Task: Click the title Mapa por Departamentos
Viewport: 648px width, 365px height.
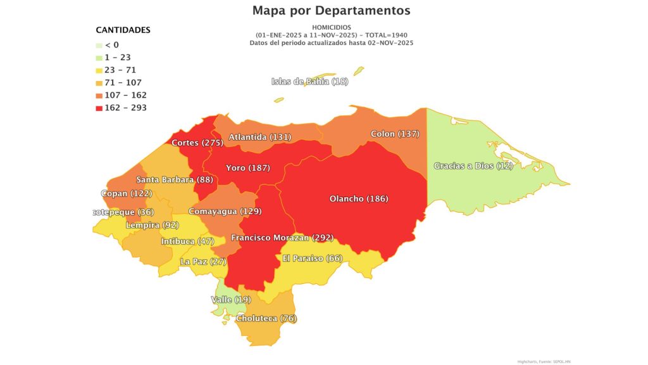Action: [x=331, y=11]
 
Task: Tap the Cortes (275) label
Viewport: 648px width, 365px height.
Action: [x=197, y=143]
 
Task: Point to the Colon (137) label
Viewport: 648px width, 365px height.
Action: [x=395, y=134]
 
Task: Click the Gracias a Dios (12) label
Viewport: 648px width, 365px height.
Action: [x=473, y=166]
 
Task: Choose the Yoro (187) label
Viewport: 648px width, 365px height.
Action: [x=247, y=168]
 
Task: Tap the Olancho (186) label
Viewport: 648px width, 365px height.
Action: [x=359, y=199]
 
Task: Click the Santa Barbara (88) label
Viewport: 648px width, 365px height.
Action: [x=173, y=180]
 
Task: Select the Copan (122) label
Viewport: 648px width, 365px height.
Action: [x=127, y=193]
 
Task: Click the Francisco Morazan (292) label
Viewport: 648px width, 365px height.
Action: [x=282, y=238]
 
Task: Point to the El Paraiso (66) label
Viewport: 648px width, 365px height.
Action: [x=313, y=259]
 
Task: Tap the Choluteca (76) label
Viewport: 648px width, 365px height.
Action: [x=266, y=318]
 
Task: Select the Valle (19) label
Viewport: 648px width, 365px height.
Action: [x=230, y=299]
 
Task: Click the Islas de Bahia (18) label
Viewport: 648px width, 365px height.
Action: [x=309, y=81]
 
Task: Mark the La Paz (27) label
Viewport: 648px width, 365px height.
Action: [x=203, y=261]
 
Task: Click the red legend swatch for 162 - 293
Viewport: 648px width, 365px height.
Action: [x=99, y=108]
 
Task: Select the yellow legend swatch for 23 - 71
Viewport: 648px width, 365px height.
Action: [x=99, y=70]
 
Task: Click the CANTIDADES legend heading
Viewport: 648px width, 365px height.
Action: [x=123, y=30]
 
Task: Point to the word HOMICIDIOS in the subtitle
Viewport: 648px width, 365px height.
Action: [x=331, y=28]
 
